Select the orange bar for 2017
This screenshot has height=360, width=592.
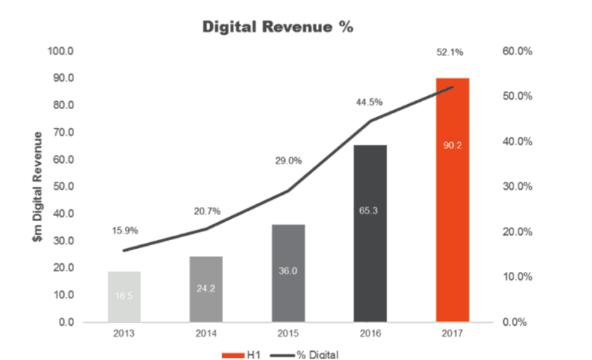click(x=452, y=218)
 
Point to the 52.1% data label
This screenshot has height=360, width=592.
click(x=451, y=52)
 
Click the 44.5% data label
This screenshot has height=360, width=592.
click(x=369, y=102)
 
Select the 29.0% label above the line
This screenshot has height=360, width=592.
click(x=288, y=161)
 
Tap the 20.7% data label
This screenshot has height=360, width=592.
click(x=207, y=211)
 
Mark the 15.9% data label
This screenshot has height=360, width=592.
click(x=125, y=231)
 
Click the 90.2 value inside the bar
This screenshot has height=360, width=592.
click(x=452, y=145)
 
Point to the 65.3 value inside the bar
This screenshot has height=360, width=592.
click(x=370, y=211)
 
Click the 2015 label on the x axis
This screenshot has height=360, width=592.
click(x=288, y=336)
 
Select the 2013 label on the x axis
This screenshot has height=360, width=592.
click(x=124, y=336)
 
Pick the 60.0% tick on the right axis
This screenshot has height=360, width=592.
click(x=518, y=52)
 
